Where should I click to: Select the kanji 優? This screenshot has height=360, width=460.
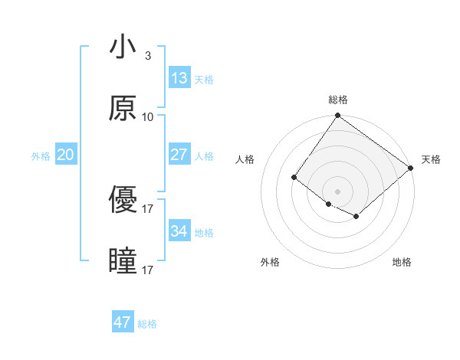click(x=123, y=200)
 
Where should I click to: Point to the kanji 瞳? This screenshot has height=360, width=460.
click(x=123, y=261)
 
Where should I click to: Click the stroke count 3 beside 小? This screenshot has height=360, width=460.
click(x=148, y=56)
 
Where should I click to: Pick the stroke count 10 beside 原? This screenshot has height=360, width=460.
click(x=148, y=117)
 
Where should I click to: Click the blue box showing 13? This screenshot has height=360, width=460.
click(x=179, y=78)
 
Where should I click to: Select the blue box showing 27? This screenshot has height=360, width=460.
click(x=179, y=155)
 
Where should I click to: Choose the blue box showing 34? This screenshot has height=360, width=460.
click(x=179, y=231)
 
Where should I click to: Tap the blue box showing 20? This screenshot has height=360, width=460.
click(x=65, y=155)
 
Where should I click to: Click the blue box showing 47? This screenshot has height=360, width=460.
click(x=123, y=322)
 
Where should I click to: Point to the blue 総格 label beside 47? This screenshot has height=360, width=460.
click(x=147, y=324)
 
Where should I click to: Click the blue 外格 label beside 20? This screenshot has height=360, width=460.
click(x=41, y=156)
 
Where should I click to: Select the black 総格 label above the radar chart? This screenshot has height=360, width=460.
click(x=338, y=100)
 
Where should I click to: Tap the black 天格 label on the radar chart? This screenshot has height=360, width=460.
click(x=431, y=159)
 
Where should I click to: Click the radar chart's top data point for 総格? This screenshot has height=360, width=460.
click(x=337, y=116)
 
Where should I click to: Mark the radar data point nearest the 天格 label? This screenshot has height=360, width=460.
click(x=411, y=168)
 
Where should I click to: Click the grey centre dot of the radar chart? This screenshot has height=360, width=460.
click(x=337, y=191)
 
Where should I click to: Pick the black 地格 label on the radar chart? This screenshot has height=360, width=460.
click(x=402, y=263)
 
